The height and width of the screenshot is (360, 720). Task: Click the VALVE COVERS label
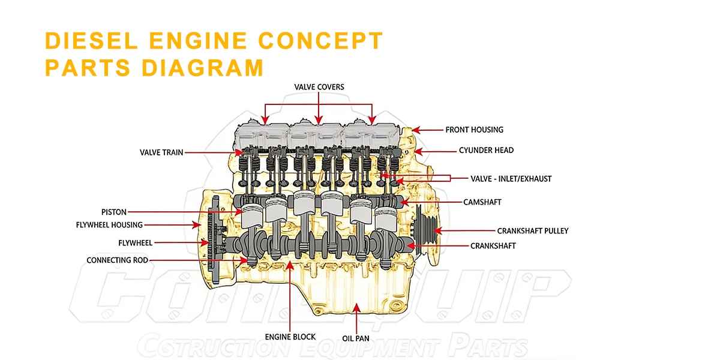[x=319, y=87]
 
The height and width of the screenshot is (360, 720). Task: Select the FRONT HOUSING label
[x=474, y=130]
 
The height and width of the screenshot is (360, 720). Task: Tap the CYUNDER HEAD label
[x=486, y=150]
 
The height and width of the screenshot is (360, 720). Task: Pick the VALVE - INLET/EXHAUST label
[x=510, y=178]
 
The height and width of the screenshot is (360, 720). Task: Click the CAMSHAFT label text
[x=482, y=202]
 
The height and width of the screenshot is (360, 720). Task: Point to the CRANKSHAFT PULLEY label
[x=532, y=230]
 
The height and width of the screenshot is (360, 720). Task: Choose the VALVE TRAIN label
[x=161, y=152]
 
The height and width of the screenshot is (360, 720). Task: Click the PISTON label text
[x=113, y=212]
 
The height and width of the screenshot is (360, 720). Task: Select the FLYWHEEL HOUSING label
[x=109, y=225]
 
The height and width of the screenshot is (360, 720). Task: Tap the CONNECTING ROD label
[x=117, y=260]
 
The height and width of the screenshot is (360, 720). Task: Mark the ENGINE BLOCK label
[x=290, y=337]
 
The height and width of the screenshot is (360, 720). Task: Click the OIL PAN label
[x=356, y=338]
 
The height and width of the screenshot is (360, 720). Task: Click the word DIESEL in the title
[x=89, y=41]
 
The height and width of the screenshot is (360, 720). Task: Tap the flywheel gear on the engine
[x=211, y=243]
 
